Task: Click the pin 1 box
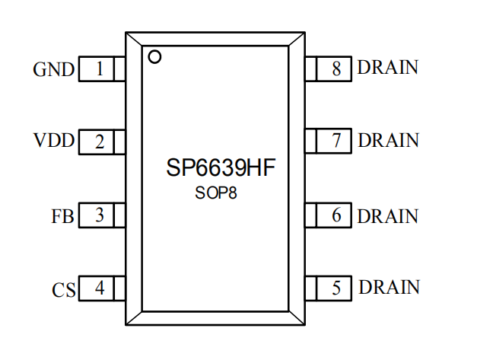(x=102, y=70)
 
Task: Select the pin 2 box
(x=102, y=142)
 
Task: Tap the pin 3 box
(x=102, y=216)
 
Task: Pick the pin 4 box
(x=102, y=289)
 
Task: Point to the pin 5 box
(x=329, y=288)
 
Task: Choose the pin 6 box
(x=329, y=216)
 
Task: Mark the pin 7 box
(x=329, y=142)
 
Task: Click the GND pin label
(x=54, y=71)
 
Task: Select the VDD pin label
(x=54, y=142)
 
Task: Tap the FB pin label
(x=62, y=217)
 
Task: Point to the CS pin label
(x=63, y=290)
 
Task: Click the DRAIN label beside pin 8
(x=388, y=68)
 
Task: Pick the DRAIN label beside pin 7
(x=388, y=141)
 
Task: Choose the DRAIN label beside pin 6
(x=388, y=216)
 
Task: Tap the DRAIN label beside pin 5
(x=389, y=288)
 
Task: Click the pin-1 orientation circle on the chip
(x=154, y=56)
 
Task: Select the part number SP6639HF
(x=216, y=169)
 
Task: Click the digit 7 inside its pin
(x=336, y=142)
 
